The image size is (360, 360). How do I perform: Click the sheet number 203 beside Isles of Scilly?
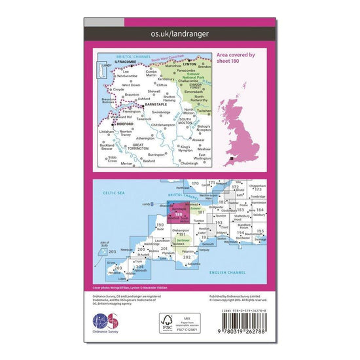pos(112,251)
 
